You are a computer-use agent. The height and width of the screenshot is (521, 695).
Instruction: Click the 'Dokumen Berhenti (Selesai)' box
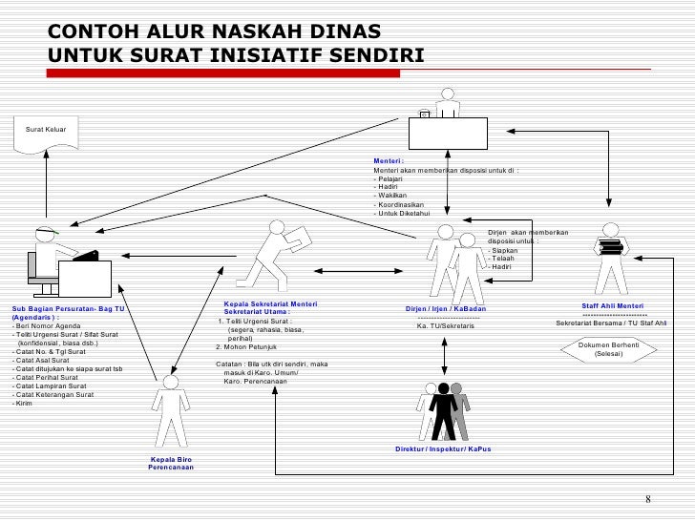(609, 349)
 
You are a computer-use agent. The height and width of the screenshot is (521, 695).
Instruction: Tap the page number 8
(647, 500)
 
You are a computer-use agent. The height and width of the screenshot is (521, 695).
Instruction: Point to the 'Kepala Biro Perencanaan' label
(170, 465)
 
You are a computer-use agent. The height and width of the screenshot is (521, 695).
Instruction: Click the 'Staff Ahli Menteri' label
(613, 306)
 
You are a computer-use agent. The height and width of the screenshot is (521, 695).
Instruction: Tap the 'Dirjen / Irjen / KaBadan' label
(446, 309)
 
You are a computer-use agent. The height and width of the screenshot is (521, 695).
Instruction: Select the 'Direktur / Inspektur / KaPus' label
(443, 448)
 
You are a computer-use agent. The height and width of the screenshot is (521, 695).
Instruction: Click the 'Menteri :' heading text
(389, 161)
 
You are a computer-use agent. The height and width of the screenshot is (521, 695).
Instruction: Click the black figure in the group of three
(443, 410)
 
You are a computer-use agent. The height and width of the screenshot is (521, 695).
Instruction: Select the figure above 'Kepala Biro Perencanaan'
(170, 411)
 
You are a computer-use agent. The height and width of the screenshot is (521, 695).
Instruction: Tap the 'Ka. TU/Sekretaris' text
(445, 326)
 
